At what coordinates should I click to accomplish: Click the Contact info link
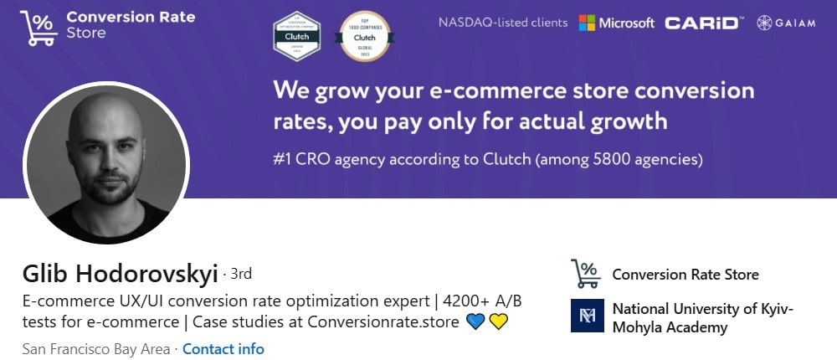pos(223,349)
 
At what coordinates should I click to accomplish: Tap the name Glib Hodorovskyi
pos(121,274)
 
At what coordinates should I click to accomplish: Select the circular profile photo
pos(106,163)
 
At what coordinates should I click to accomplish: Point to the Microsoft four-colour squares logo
pos(589,23)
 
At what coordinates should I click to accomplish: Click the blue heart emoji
pos(475,321)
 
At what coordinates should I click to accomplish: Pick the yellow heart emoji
pos(499,321)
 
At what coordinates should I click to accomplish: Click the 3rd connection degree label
pos(240,274)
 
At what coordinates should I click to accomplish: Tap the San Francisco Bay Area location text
pos(95,349)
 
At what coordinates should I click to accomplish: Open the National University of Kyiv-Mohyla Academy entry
pos(701,318)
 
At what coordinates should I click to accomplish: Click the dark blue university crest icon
pos(586,316)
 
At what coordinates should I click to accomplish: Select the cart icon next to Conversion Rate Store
pos(586,274)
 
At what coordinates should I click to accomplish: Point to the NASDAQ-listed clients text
pos(502,23)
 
